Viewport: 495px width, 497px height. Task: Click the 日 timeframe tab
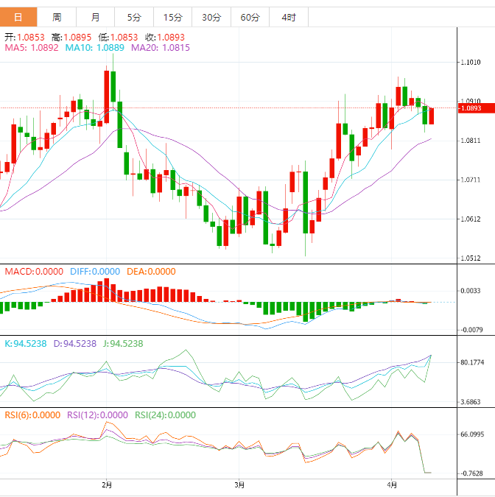[18, 17]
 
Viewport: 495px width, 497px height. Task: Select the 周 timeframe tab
[57, 17]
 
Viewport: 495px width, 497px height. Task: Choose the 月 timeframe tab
[96, 17]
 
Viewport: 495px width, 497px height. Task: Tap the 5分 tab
[133, 17]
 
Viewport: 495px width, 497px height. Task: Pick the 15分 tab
[172, 17]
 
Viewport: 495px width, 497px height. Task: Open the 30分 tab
[211, 17]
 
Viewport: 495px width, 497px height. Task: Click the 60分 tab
[250, 17]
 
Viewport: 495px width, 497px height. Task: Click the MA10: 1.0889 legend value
[95, 48]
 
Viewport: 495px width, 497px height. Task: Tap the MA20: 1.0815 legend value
[161, 48]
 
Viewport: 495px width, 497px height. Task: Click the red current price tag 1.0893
[471, 108]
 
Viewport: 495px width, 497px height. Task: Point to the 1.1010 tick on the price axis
[471, 63]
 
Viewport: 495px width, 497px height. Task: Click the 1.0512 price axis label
[471, 258]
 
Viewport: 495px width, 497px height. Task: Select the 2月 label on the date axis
[108, 484]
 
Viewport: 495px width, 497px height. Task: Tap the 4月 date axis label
[392, 484]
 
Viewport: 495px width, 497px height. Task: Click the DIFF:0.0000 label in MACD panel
[95, 271]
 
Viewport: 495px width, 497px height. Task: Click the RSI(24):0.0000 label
[166, 415]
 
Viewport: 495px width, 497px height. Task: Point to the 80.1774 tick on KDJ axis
[471, 362]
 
